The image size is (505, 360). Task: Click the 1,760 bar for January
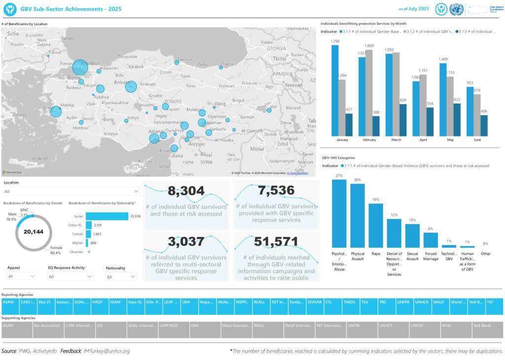[x=335, y=91]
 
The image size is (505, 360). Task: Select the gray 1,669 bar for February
[x=369, y=93]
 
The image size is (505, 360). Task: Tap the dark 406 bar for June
[x=484, y=126]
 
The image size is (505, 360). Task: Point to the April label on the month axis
[x=423, y=140]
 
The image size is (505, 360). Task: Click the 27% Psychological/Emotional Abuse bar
[x=339, y=213]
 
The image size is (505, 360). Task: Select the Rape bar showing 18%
[x=376, y=225]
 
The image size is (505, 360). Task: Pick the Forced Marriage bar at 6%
[x=431, y=240]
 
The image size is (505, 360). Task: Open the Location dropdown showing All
[x=72, y=191]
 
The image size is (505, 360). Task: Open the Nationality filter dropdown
[x=120, y=277]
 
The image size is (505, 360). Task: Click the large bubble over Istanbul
[x=79, y=67]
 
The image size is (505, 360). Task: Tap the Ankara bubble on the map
[x=131, y=86]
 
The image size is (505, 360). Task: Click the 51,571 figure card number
[x=276, y=242]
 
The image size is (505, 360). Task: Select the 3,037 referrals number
[x=186, y=242]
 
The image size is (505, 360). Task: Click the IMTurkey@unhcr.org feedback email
[x=107, y=351]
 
